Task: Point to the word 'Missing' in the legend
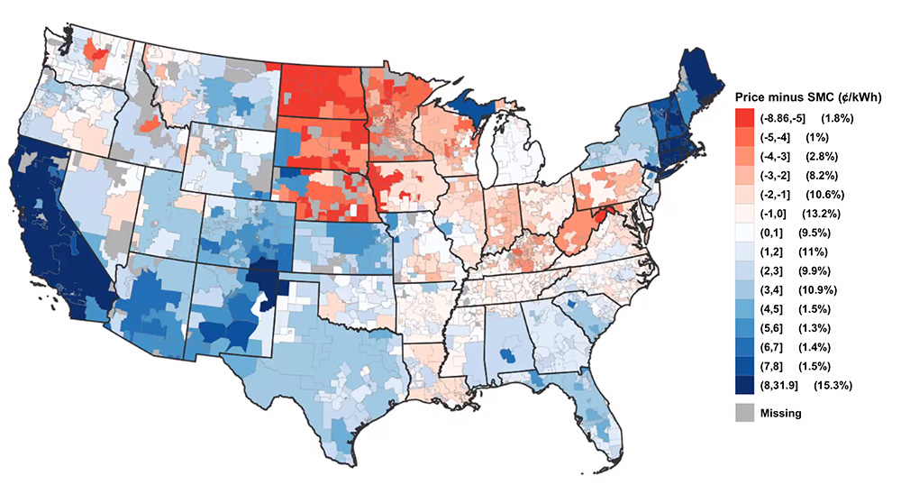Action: tap(781, 413)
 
